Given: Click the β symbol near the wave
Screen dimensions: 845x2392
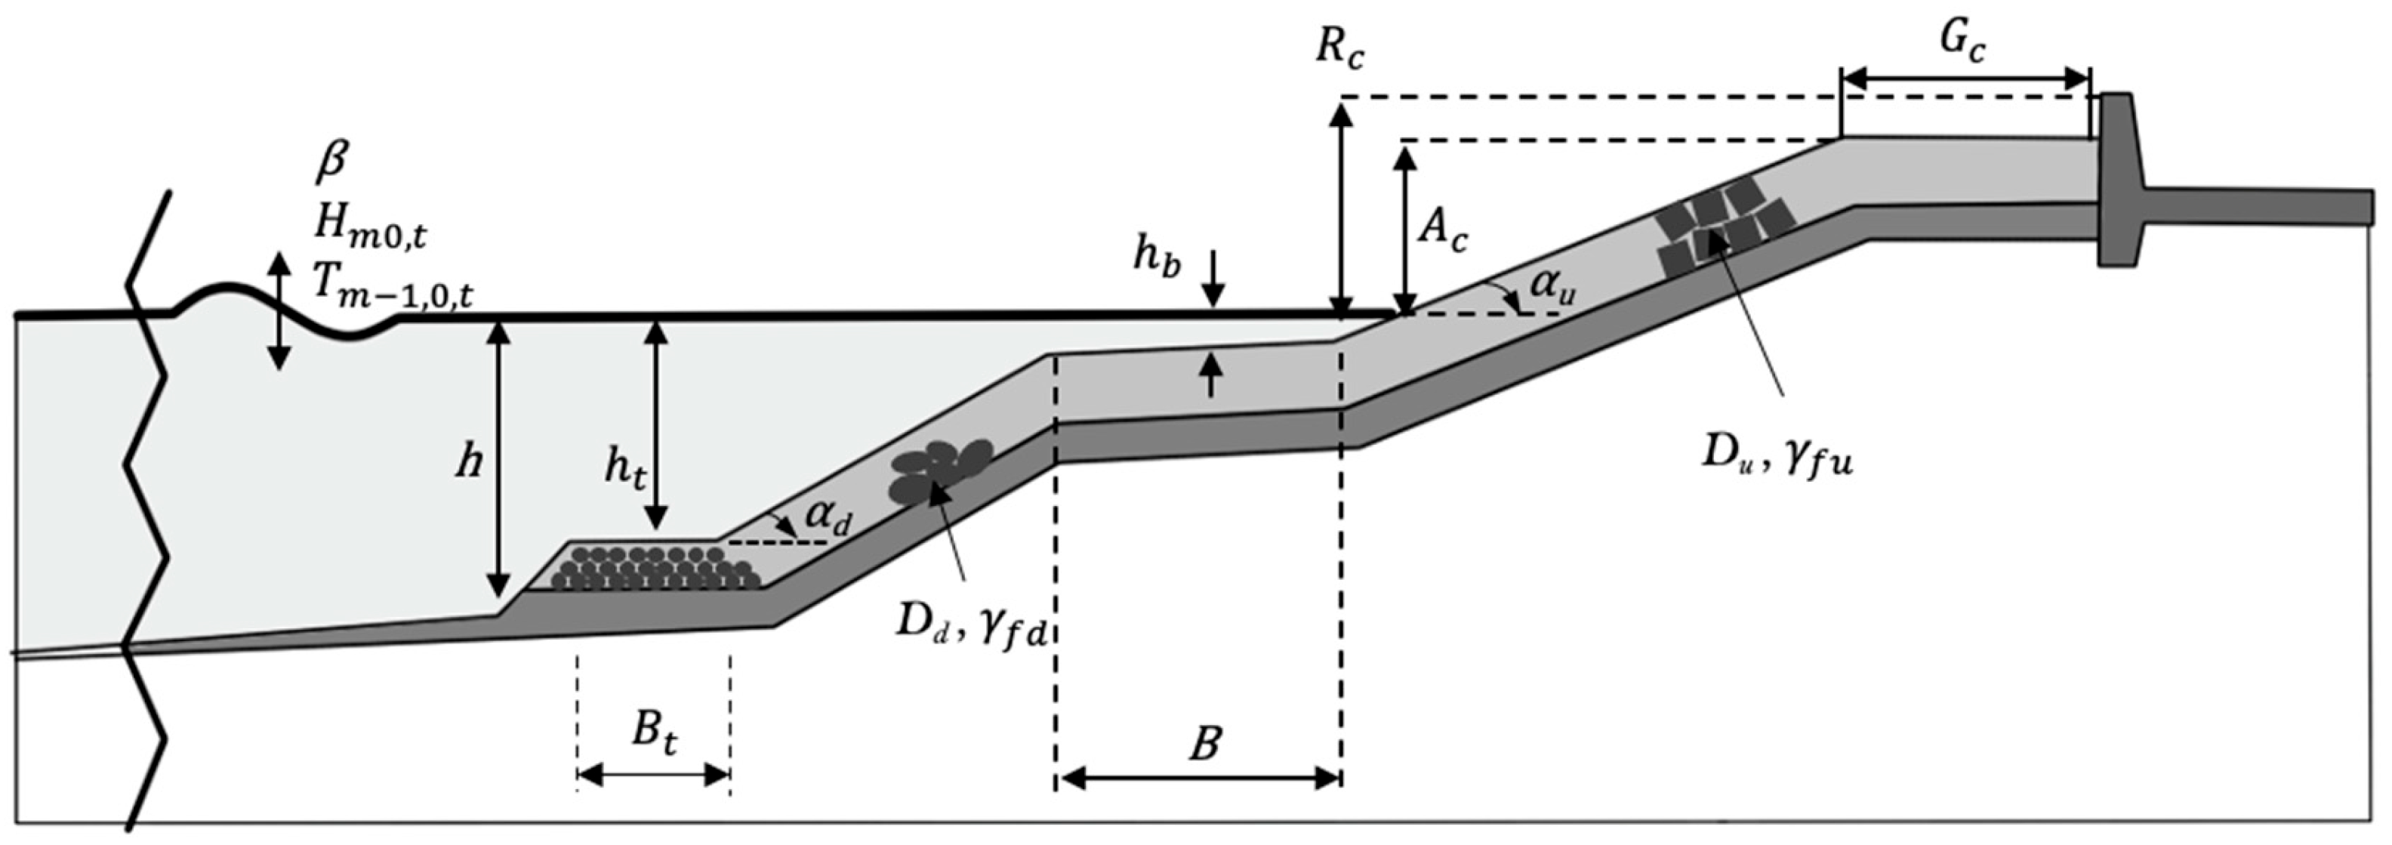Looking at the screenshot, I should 331,162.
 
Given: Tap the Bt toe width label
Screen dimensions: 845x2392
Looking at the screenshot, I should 655,731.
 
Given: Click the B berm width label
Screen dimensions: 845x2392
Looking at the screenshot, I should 1204,744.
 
